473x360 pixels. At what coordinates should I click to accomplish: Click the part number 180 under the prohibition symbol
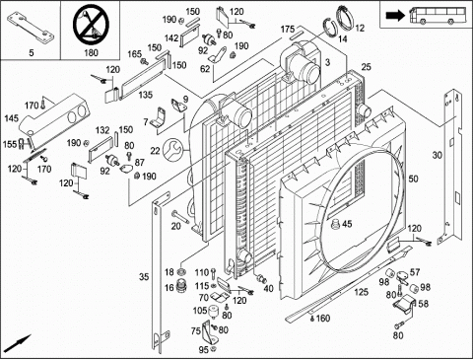[x=91, y=52]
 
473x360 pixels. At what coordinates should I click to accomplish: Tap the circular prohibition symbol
[x=91, y=26]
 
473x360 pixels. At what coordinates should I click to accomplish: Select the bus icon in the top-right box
[x=439, y=16]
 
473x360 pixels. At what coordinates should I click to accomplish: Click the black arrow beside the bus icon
[x=396, y=16]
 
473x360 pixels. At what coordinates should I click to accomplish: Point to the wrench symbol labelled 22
[x=173, y=150]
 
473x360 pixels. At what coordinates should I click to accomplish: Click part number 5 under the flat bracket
[x=32, y=52]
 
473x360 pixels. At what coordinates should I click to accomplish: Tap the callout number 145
[x=12, y=118]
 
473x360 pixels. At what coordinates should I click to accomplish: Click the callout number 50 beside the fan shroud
[x=413, y=179]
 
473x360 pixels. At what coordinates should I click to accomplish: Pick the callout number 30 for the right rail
[x=437, y=155]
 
